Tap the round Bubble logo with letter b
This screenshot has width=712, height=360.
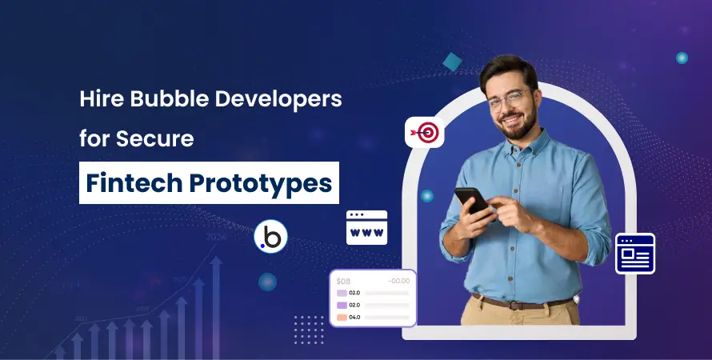270,237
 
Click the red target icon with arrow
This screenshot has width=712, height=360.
424,132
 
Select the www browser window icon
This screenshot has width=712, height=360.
366,227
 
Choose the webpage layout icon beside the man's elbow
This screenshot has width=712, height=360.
635,254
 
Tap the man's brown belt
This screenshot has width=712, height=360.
522,302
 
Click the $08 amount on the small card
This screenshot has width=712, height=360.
344,281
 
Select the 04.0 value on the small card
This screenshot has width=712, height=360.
354,317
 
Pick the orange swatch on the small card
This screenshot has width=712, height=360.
342,317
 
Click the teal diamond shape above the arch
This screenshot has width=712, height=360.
452,62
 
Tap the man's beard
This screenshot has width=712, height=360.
519,126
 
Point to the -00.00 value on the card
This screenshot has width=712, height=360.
398,281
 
